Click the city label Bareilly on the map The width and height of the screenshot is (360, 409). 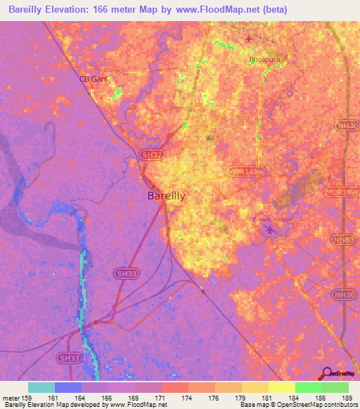tap(166, 197)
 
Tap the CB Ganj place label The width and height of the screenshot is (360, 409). tap(93, 79)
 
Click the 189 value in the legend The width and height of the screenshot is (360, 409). tap(345, 398)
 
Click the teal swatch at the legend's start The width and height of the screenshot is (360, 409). tap(41, 387)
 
